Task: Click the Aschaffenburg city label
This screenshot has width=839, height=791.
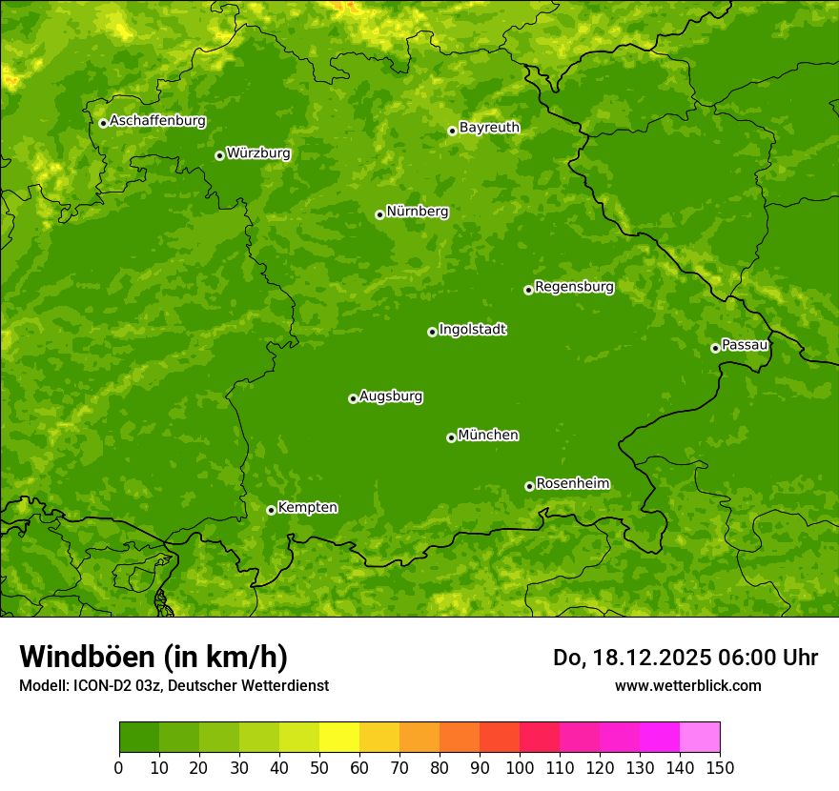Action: (x=157, y=121)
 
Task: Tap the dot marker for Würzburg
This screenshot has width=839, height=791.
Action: (x=219, y=155)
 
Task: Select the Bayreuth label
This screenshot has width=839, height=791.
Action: (x=489, y=128)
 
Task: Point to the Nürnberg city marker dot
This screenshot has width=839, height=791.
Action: (x=379, y=214)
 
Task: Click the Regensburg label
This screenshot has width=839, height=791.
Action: (x=574, y=287)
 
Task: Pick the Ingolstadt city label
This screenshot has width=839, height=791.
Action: (x=472, y=330)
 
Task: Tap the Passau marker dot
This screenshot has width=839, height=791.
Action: (x=715, y=348)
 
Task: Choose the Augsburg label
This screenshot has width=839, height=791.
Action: (x=391, y=396)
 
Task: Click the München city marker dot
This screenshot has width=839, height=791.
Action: (x=451, y=437)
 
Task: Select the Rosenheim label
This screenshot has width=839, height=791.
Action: (x=572, y=484)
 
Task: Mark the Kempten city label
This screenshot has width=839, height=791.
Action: (x=307, y=508)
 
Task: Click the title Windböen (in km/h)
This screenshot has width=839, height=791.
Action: (x=153, y=657)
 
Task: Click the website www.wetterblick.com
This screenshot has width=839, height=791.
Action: (x=687, y=685)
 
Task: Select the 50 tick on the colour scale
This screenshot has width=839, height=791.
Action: (x=319, y=766)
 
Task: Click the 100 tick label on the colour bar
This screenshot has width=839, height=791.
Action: (x=520, y=766)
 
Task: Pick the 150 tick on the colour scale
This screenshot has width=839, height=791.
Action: (x=720, y=766)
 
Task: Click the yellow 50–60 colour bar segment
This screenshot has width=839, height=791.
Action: (x=339, y=738)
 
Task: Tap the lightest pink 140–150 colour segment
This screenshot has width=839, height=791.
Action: (x=700, y=738)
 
